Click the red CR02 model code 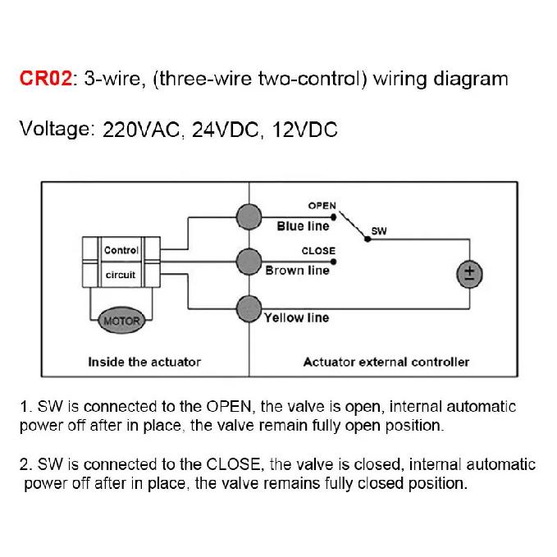click(x=46, y=78)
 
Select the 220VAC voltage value click(x=141, y=130)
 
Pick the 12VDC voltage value click(x=305, y=130)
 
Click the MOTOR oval click(x=121, y=321)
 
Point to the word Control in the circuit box click(x=121, y=250)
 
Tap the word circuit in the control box click(x=121, y=275)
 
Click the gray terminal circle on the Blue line click(x=249, y=217)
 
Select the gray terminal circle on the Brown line click(x=249, y=262)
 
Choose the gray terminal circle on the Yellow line click(x=249, y=309)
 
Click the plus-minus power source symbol click(x=469, y=274)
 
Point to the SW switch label click(x=379, y=231)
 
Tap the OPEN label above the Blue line click(x=322, y=206)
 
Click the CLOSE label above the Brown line click(x=318, y=251)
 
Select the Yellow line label click(x=297, y=317)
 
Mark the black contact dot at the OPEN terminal click(x=333, y=217)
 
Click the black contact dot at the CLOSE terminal click(x=333, y=262)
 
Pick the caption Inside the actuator click(x=144, y=362)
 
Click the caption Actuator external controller click(x=386, y=362)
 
